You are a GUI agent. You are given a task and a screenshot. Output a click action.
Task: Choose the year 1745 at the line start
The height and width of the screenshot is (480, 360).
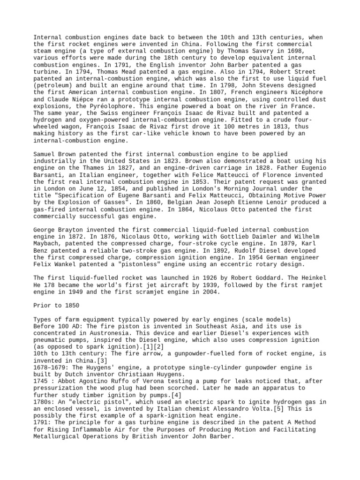click(x=42, y=382)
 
